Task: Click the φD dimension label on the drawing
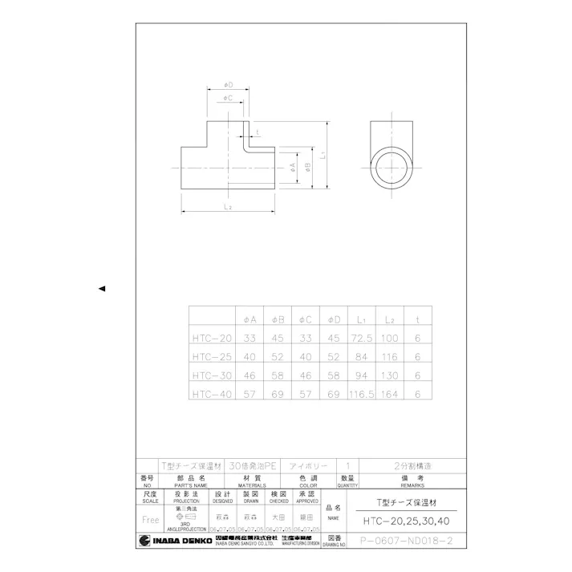pos(227,84)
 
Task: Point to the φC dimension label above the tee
pos(227,99)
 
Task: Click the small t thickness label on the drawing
pos(257,132)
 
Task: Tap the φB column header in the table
pos(278,318)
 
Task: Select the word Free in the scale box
pos(150,519)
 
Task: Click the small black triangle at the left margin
pos(102,288)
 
